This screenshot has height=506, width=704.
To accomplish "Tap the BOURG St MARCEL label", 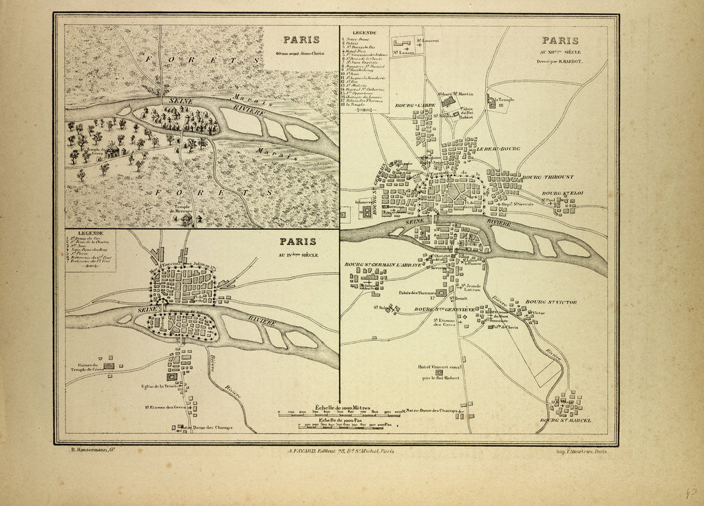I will pos(566,420).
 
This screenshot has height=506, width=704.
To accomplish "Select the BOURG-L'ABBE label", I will pos(412,106).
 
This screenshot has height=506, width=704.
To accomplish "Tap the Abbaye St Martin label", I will pos(454,93).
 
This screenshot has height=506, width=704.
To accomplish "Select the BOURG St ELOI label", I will pos(563,193).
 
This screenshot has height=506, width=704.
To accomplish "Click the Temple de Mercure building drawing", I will pos(186,219).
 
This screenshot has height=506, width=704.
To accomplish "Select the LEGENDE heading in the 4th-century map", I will pos(90,233).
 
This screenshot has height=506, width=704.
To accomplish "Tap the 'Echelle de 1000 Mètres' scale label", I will pos(341,408).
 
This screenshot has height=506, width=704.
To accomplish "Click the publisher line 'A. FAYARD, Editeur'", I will pos(340,452).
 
